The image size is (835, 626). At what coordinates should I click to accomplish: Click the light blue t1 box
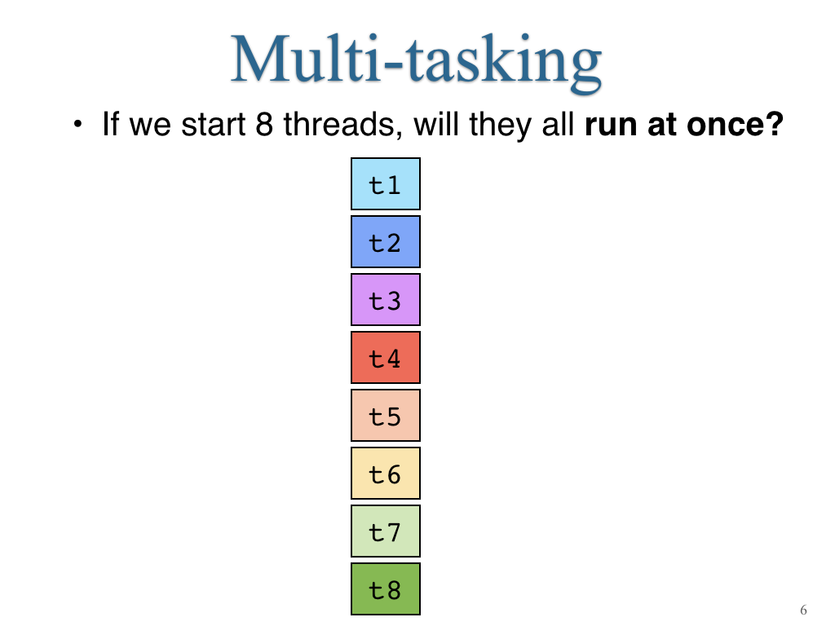[x=386, y=183]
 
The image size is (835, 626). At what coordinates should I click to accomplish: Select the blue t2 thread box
[x=386, y=241]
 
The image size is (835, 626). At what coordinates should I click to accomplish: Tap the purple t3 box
[x=386, y=300]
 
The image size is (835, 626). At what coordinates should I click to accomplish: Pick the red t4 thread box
[x=386, y=358]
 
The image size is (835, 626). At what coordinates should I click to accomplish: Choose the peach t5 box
[x=386, y=415]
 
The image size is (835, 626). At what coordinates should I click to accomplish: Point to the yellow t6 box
[x=386, y=474]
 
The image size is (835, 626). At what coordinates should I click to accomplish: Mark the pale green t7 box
[x=386, y=531]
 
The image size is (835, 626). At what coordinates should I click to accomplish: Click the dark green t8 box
[x=386, y=589]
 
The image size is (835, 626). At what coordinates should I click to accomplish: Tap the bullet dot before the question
[x=78, y=125]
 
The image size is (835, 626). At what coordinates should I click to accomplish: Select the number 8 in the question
[x=264, y=124]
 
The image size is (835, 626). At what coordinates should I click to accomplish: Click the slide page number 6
[x=803, y=610]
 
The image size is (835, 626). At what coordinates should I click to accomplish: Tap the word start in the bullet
[x=213, y=125]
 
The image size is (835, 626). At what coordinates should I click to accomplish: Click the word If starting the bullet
[x=111, y=124]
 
